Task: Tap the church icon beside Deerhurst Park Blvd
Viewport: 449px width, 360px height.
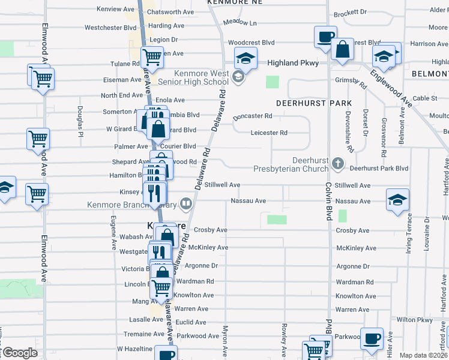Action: coord(338,163)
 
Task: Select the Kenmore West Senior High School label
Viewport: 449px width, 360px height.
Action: coord(201,77)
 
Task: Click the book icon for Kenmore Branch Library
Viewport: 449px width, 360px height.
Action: coord(186,204)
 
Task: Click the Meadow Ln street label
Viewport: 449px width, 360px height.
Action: coord(240,22)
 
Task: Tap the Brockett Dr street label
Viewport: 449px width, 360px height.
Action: coord(350,12)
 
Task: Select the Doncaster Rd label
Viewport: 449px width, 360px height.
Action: coord(256,116)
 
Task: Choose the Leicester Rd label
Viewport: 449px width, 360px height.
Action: coord(269,133)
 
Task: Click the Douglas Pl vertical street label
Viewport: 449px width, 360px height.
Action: coord(80,122)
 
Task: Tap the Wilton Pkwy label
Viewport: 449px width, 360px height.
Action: coord(414,320)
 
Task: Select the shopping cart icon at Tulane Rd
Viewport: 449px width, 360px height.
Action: coord(152,58)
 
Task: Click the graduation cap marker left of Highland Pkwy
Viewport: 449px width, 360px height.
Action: coord(245,59)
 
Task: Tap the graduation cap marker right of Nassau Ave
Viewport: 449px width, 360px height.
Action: coord(397,199)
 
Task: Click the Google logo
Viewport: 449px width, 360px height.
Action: coord(20,353)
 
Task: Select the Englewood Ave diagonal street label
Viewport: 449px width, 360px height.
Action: coord(391,88)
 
